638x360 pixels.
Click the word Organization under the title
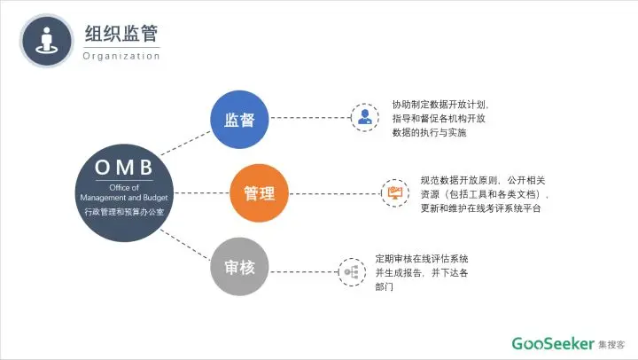[x=121, y=56]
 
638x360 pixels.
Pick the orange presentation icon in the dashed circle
[x=395, y=192]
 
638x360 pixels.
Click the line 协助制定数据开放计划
[x=440, y=103]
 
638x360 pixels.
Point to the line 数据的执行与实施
[x=429, y=133]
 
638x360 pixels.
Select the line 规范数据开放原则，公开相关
[x=483, y=180]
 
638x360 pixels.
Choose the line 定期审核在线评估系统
[x=422, y=258]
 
